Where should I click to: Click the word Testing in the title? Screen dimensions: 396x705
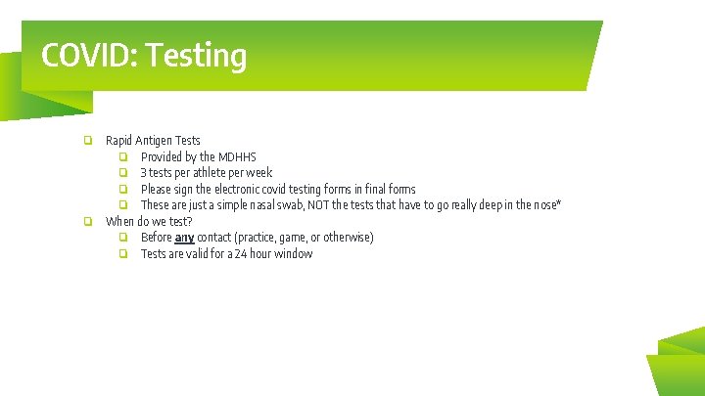click(x=195, y=56)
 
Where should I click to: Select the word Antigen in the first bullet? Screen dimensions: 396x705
click(x=154, y=141)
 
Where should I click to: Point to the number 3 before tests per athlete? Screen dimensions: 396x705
click(x=144, y=173)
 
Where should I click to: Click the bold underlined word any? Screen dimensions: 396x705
click(x=184, y=238)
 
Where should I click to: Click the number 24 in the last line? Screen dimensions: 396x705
click(x=241, y=254)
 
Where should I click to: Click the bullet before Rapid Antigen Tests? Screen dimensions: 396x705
click(x=88, y=141)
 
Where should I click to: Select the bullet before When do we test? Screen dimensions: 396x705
click(x=88, y=221)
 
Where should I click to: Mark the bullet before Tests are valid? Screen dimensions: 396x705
click(x=124, y=254)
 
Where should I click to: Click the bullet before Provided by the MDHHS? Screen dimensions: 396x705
click(x=124, y=156)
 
